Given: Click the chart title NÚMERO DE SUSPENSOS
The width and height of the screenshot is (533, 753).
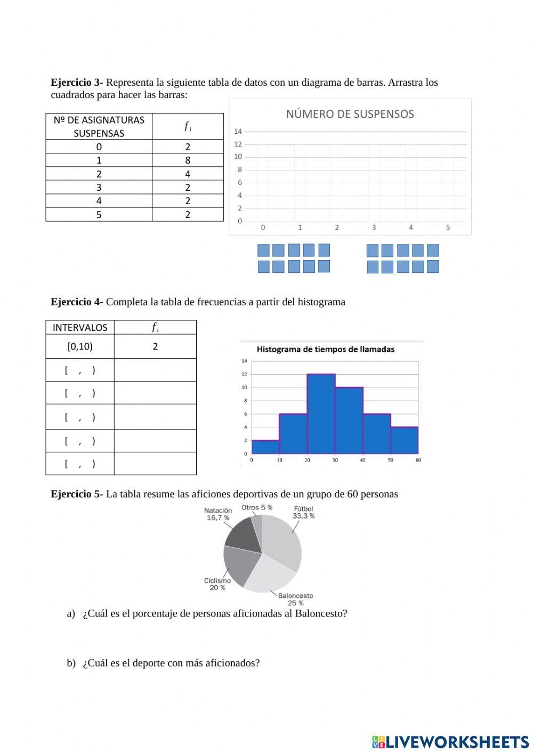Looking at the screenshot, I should (x=350, y=114).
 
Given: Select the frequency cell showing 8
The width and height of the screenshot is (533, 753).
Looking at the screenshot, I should (x=188, y=160).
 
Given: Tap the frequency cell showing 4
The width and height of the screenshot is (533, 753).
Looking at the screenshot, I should (x=188, y=174).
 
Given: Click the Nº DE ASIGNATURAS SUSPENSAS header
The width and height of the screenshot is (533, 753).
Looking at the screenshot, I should (x=99, y=126).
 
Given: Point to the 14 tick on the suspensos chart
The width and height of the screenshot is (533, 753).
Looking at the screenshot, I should (x=238, y=131).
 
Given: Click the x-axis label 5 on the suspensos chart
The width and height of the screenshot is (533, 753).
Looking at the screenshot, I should (x=448, y=228).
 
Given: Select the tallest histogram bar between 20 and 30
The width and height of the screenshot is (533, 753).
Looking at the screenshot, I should (x=321, y=414).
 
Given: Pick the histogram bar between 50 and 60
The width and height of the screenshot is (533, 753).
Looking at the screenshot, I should (x=404, y=440).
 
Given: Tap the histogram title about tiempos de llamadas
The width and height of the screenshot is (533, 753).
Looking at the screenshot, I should (x=326, y=350).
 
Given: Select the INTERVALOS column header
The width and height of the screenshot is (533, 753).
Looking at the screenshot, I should (x=80, y=327).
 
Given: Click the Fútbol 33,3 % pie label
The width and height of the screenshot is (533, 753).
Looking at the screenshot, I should (x=303, y=512).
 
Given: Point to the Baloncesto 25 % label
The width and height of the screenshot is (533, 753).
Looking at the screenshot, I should (x=295, y=599).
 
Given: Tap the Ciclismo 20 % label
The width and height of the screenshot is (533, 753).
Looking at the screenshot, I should (x=217, y=584).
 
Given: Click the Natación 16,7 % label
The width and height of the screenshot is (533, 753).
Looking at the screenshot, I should (x=218, y=514).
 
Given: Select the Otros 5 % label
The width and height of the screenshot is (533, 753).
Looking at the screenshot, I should (x=257, y=507).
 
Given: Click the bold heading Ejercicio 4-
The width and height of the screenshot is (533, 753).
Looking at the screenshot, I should (x=77, y=302).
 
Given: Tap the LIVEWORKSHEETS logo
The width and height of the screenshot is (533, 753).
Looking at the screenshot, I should (x=450, y=741).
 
